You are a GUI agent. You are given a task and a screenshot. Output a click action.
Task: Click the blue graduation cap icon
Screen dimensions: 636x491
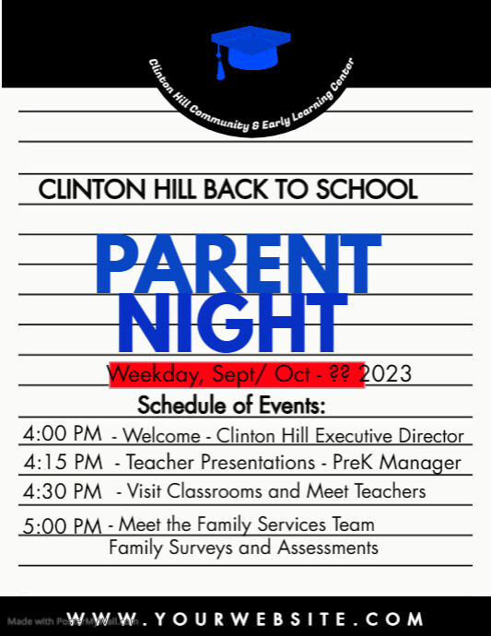click(245, 46)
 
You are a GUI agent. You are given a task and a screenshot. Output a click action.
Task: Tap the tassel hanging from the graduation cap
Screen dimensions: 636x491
click(219, 66)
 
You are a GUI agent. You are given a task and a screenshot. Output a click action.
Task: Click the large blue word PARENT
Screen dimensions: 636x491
click(238, 266)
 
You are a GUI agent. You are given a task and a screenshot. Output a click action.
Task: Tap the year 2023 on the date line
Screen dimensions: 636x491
click(388, 375)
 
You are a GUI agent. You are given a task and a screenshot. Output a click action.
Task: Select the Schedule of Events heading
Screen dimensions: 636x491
click(231, 405)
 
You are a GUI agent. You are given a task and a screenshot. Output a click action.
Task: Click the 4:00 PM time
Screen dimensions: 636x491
click(64, 434)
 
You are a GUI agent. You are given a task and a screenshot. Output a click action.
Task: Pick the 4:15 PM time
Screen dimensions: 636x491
click(64, 462)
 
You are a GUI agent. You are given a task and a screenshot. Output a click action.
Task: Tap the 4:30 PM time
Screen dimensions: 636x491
click(64, 491)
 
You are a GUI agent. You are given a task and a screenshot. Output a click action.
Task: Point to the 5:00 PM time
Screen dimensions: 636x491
click(63, 526)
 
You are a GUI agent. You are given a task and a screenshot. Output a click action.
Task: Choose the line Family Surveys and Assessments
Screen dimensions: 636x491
click(243, 548)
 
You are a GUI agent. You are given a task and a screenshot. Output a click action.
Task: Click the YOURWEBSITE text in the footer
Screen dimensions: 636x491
click(245, 618)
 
